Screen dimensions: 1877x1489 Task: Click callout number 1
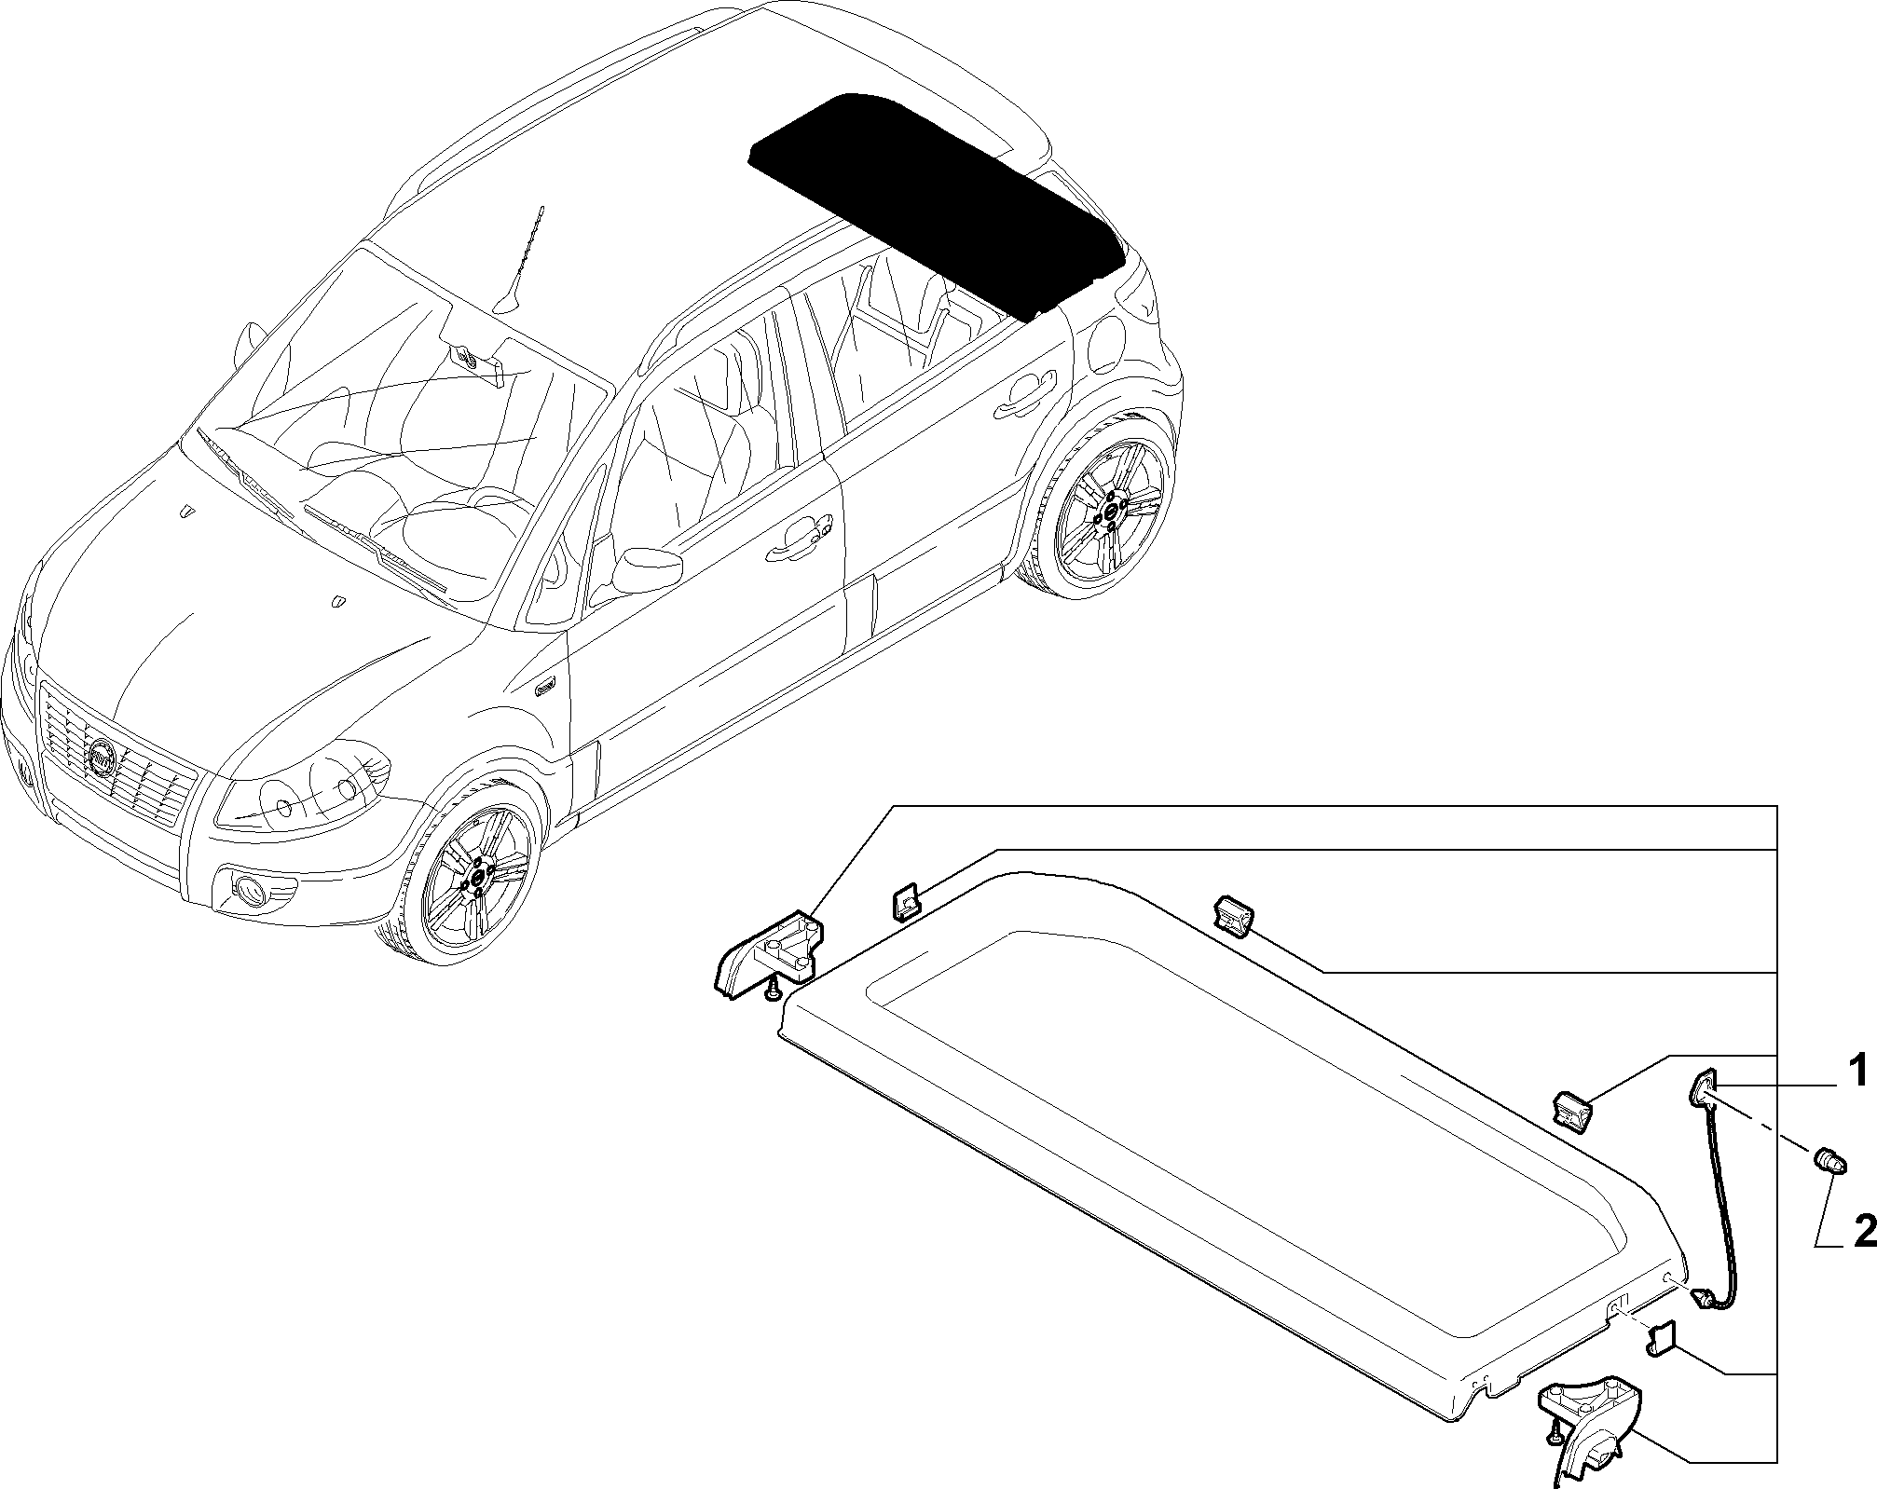tap(1857, 1072)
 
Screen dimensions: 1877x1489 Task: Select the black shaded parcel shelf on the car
tap(937, 204)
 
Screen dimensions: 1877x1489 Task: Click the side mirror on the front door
tap(646, 568)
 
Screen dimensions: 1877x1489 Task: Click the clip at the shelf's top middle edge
tap(1233, 913)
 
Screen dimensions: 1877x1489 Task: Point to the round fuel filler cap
tap(1107, 340)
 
